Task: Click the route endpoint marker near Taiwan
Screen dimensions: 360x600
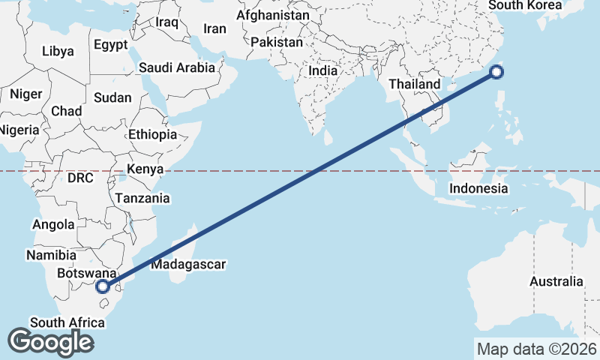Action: [x=496, y=72]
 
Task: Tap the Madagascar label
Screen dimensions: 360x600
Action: [x=188, y=264]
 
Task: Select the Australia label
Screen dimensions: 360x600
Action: [x=556, y=281]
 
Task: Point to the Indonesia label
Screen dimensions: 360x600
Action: [x=479, y=188]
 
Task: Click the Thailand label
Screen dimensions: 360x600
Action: [x=414, y=84]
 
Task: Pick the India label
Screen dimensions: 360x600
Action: [x=323, y=70]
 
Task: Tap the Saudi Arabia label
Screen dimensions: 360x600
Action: [x=177, y=67]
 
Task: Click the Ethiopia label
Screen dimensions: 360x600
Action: [x=152, y=135]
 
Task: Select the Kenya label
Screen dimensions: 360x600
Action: [x=145, y=169]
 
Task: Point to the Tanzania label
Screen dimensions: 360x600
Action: [x=142, y=198]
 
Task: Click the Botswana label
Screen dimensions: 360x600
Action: [x=86, y=273]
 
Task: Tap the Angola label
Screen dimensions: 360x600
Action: [x=54, y=224]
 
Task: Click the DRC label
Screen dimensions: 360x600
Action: [x=80, y=178]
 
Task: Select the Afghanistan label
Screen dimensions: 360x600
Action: [x=272, y=15]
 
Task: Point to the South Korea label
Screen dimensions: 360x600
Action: [x=525, y=5]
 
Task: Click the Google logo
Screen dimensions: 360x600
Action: [x=49, y=342]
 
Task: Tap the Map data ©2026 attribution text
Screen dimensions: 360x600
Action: [x=537, y=349]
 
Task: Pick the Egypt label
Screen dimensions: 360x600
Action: [x=110, y=45]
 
